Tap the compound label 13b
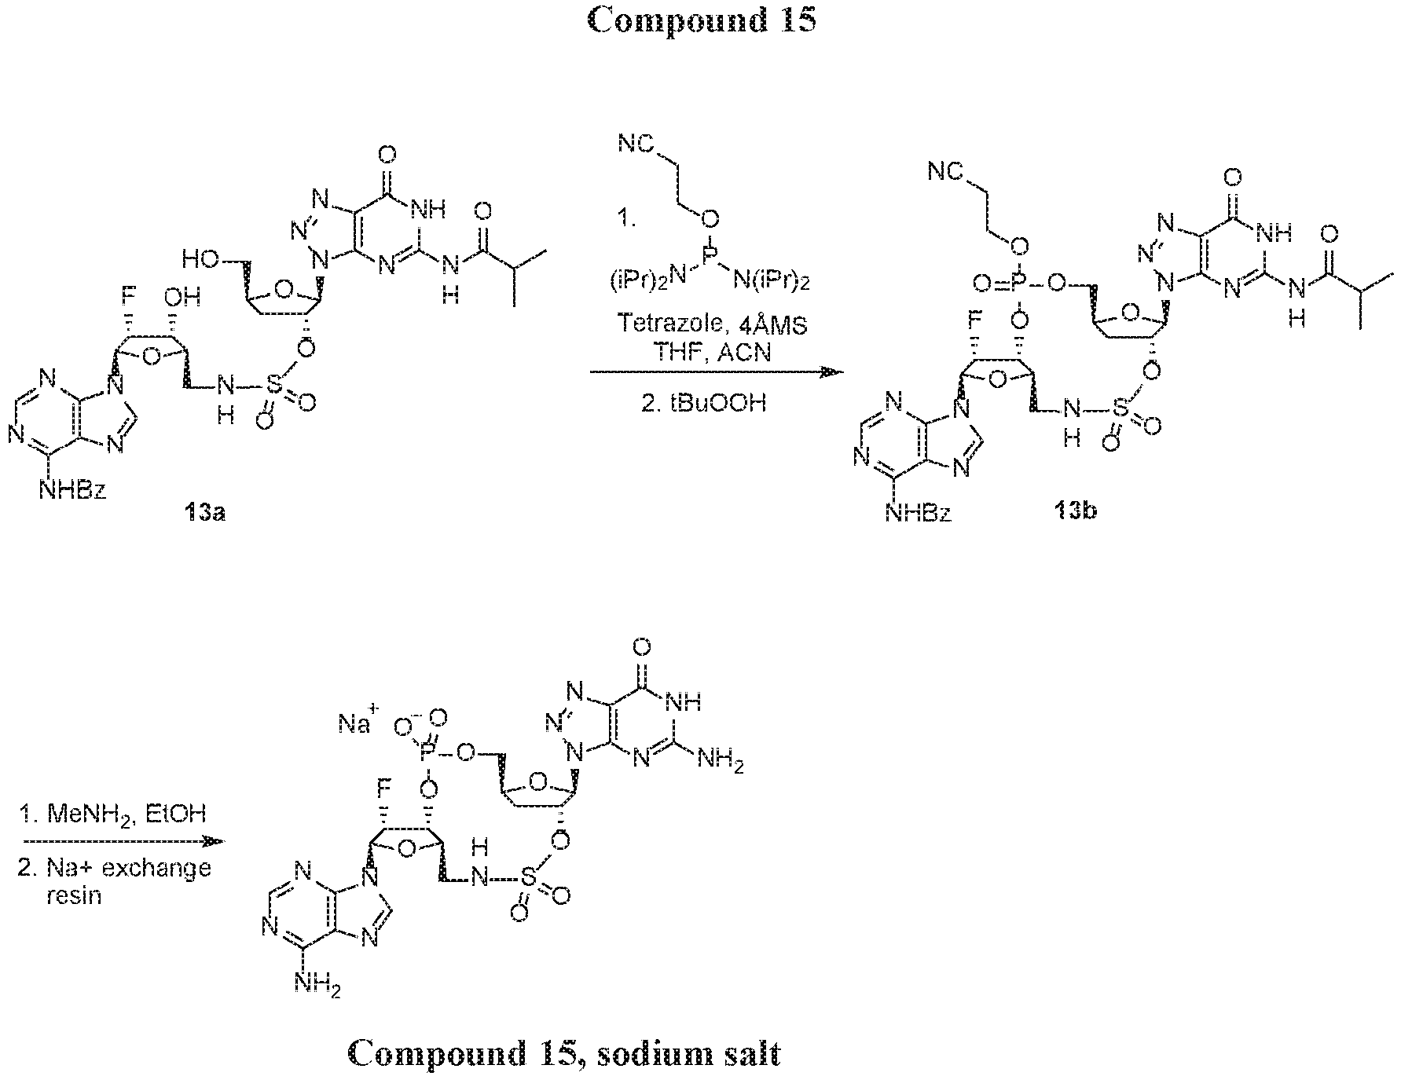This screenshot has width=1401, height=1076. point(1076,511)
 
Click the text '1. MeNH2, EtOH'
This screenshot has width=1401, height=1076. point(112,814)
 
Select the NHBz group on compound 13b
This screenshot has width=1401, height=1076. point(919,514)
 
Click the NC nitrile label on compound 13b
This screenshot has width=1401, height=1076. point(943,170)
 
